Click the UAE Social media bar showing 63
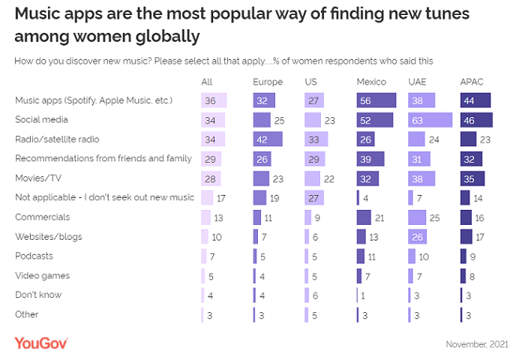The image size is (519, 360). (429, 120)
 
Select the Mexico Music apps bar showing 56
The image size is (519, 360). (376, 101)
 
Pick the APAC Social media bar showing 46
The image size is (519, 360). (477, 120)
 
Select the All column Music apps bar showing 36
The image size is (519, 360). (213, 101)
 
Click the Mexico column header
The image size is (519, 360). (370, 82)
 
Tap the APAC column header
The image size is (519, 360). (473, 82)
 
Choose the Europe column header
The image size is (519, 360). (267, 82)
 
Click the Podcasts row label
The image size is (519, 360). (35, 255)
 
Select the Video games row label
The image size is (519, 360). (42, 275)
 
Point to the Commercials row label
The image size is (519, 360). (42, 217)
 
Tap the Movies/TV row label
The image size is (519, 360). (38, 178)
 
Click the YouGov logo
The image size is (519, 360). (41, 343)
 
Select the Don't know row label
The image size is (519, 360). (39, 295)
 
